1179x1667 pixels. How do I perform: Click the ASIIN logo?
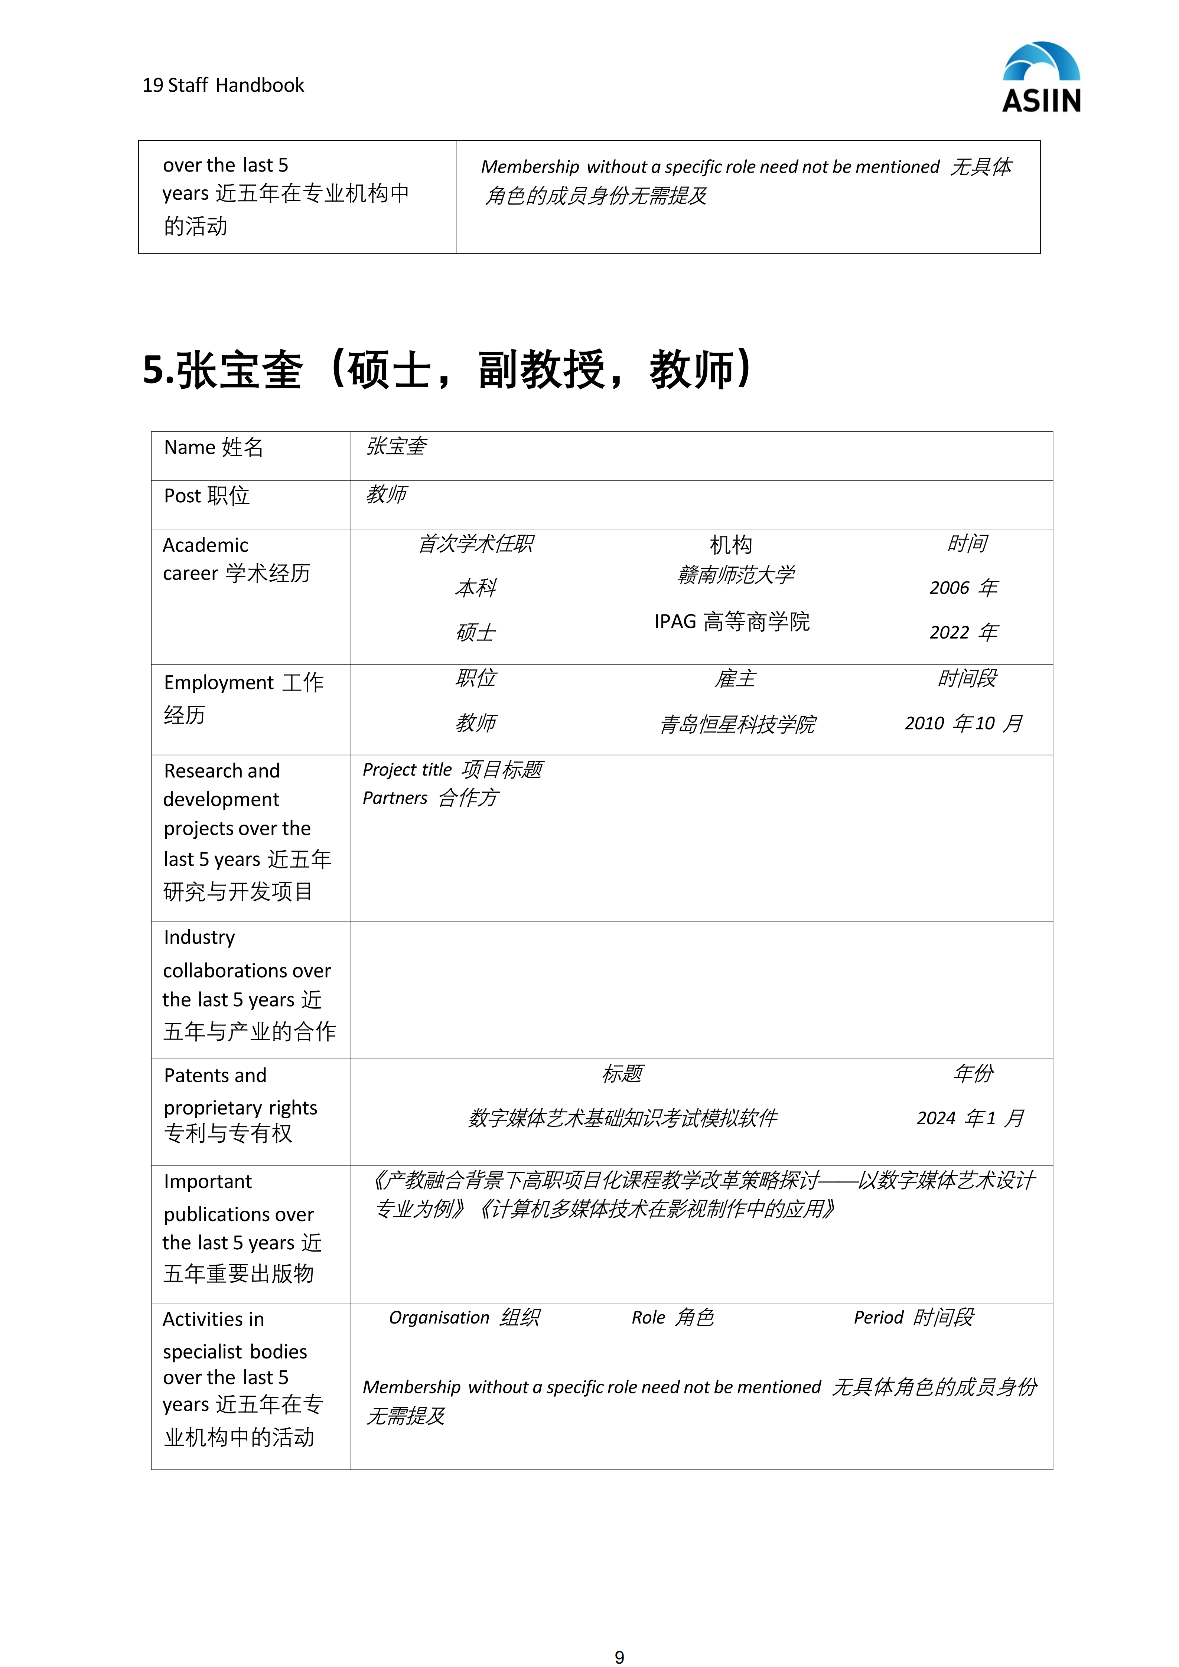pos(1041,77)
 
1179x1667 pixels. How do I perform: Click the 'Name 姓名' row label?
pos(214,447)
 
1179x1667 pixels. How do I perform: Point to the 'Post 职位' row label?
pos(207,496)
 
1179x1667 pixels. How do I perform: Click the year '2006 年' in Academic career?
pos(963,587)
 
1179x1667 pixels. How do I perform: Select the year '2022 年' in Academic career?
pos(963,632)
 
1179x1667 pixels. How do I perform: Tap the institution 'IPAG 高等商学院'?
pos(732,622)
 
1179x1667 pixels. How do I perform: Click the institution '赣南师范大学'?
pos(735,575)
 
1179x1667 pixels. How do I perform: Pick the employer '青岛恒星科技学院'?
pos(737,724)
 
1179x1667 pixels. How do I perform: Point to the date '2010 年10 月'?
pos(963,723)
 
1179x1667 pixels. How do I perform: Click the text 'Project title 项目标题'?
pos(452,770)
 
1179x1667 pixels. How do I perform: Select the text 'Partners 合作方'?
pos(430,798)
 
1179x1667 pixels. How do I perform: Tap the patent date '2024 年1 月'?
pos(970,1118)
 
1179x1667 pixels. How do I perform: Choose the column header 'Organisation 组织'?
pos(464,1318)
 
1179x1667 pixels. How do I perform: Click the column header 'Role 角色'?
pos(672,1318)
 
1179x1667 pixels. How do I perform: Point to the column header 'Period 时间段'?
pos(913,1318)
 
